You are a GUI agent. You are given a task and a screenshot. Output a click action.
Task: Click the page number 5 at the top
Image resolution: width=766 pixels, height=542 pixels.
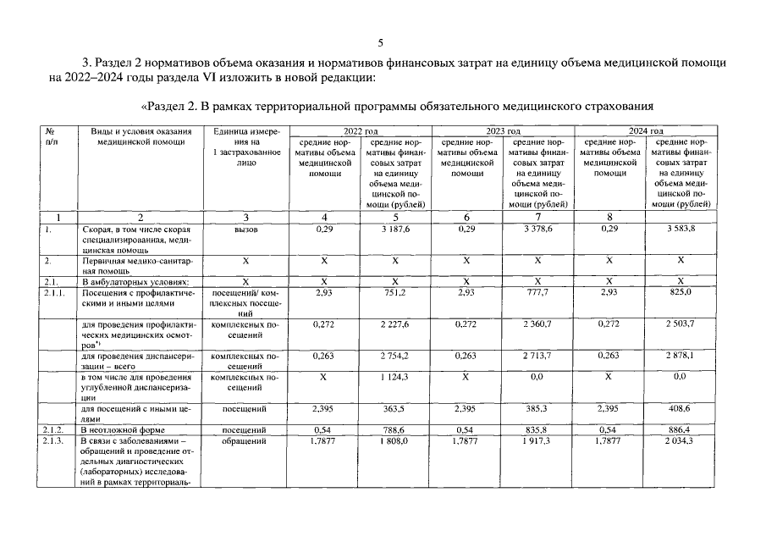pos(381,43)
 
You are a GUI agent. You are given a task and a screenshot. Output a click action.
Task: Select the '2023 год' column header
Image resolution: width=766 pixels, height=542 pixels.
pos(503,130)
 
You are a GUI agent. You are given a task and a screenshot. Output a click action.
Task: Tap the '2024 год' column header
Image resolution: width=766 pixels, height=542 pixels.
pos(645,130)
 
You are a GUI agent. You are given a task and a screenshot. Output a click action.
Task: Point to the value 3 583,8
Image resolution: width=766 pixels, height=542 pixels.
pos(681,230)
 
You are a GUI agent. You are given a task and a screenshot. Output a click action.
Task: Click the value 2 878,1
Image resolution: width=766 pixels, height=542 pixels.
pos(681,356)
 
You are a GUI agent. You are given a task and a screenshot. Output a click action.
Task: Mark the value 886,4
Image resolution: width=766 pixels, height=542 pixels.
pos(681,430)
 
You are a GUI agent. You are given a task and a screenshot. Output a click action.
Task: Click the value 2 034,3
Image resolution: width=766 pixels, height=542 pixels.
pos(681,441)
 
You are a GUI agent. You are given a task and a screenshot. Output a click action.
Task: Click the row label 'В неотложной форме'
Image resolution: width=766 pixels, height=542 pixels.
pos(121,430)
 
